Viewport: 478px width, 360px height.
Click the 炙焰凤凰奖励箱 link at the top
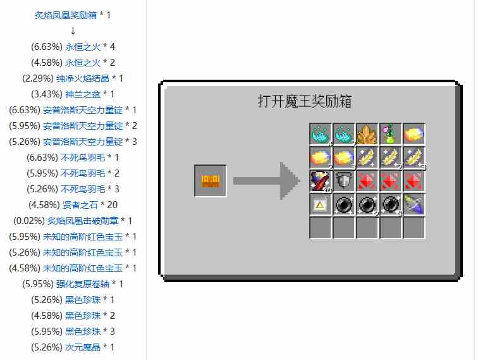66,15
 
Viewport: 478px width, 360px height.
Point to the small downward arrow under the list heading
73,31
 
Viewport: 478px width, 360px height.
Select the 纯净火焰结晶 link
83,78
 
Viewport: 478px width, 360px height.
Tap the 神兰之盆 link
83,94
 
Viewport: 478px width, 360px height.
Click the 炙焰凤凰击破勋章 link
83,221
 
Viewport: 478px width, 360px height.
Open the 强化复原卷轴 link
83,284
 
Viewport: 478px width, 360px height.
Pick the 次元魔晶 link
83,347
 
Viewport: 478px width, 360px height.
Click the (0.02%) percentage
29,221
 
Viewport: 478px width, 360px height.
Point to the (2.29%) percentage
38,78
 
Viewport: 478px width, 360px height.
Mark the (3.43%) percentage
47,94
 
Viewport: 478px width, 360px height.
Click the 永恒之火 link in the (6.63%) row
83,47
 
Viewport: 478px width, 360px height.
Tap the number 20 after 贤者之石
112,205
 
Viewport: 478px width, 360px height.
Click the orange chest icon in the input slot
211,181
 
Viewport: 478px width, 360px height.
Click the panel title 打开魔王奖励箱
305,101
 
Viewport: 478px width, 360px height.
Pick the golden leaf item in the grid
367,134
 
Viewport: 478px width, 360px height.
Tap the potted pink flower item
391,134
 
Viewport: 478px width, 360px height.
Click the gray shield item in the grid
343,180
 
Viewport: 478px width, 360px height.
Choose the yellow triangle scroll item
320,204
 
